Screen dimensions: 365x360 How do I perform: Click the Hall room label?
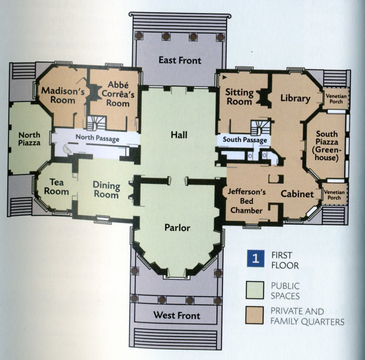179,135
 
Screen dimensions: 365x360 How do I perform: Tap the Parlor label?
178,228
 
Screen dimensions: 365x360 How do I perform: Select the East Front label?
180,60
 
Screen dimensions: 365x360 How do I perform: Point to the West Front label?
177,315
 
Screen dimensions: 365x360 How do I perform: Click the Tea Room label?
56,187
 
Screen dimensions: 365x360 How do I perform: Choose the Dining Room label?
106,190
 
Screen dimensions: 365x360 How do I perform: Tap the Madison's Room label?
63,95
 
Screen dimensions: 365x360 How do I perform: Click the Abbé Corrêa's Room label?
118,94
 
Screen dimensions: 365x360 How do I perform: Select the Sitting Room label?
239,97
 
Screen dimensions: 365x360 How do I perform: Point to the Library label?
295,98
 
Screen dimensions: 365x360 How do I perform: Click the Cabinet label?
297,194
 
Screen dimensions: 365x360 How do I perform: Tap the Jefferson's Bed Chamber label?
246,201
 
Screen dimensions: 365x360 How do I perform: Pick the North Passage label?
97,138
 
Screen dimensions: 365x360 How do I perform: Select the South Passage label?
245,140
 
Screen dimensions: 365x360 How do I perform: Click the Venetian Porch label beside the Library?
336,99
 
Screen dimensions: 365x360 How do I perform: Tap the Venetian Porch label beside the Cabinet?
334,195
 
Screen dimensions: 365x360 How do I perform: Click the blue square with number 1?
255,259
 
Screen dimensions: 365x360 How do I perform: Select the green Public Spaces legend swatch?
255,290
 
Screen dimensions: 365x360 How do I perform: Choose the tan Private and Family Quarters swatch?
255,315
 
